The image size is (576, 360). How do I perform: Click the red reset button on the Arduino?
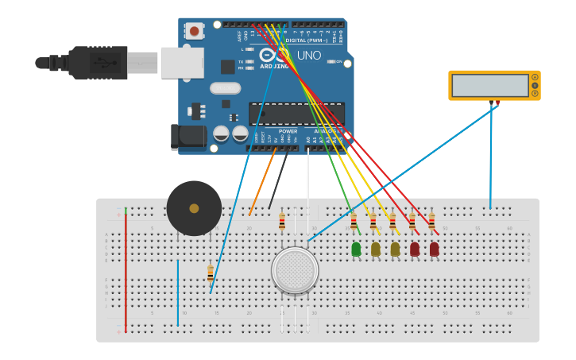[193, 31]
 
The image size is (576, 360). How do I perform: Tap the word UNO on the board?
[309, 56]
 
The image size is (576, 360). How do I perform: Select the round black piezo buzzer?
[194, 208]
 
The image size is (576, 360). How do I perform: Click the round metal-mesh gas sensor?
[295, 270]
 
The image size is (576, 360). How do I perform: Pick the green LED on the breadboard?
[356, 250]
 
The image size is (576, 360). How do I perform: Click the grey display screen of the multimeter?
[489, 85]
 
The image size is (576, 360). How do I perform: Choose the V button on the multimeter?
[535, 85]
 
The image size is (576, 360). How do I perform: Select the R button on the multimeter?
[535, 94]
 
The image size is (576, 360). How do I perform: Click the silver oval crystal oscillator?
[225, 88]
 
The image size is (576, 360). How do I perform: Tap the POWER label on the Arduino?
[288, 131]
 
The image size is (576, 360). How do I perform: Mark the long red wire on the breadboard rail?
[126, 270]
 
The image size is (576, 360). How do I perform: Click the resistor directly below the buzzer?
[210, 274]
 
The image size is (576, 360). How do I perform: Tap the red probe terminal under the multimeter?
[498, 103]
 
